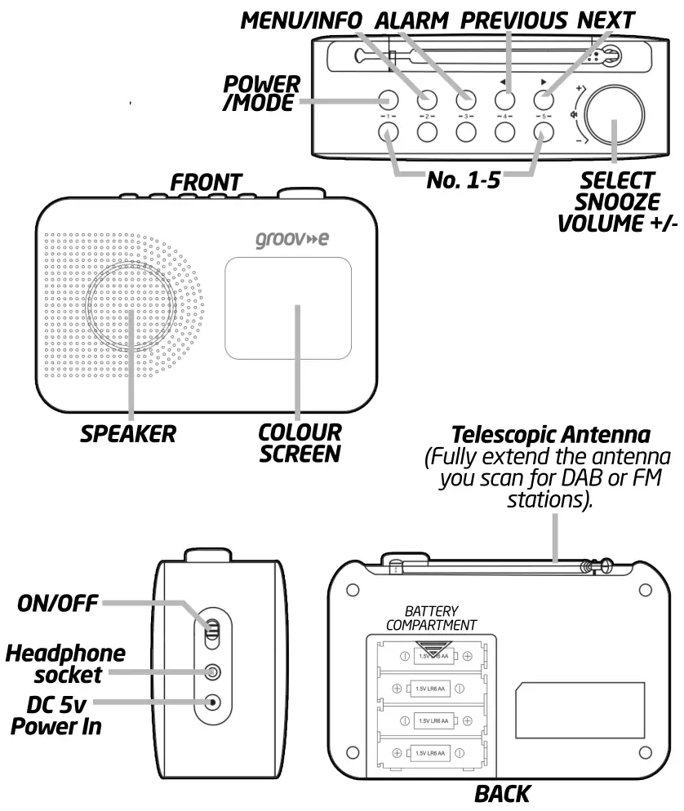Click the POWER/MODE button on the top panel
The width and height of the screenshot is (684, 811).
pos(388,100)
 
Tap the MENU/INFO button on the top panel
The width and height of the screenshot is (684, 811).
pos(426,100)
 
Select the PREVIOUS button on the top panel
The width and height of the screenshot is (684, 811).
pos(504,100)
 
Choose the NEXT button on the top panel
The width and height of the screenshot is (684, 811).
pos(544,100)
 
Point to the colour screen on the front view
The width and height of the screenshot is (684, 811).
pos(288,309)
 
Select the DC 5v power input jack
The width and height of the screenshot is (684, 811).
pos(213,702)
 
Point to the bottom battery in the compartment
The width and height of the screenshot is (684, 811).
pos(432,751)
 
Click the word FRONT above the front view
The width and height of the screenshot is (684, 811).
pos(206,182)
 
